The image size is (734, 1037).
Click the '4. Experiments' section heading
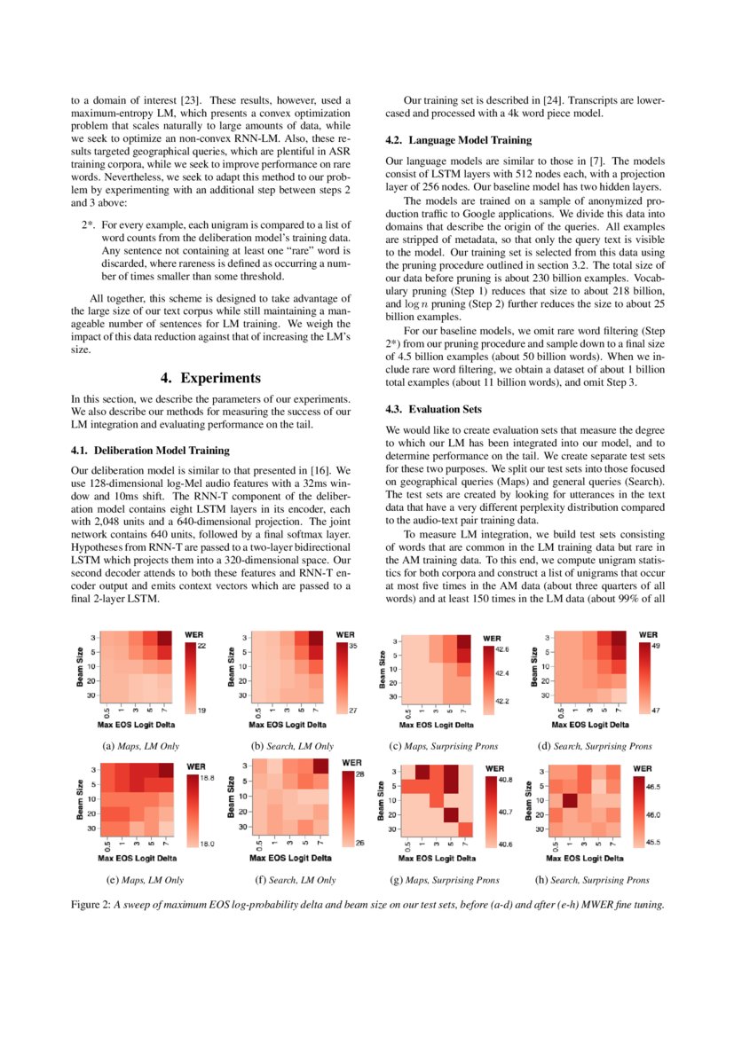[210, 378]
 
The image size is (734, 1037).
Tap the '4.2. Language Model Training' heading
[459, 140]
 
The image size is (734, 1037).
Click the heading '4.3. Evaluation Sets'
[434, 409]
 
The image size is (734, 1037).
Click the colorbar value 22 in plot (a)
[201, 647]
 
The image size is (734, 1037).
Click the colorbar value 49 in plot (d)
[655, 647]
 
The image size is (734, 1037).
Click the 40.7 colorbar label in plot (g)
[505, 811]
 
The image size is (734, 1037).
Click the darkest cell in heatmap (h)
[570, 801]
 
